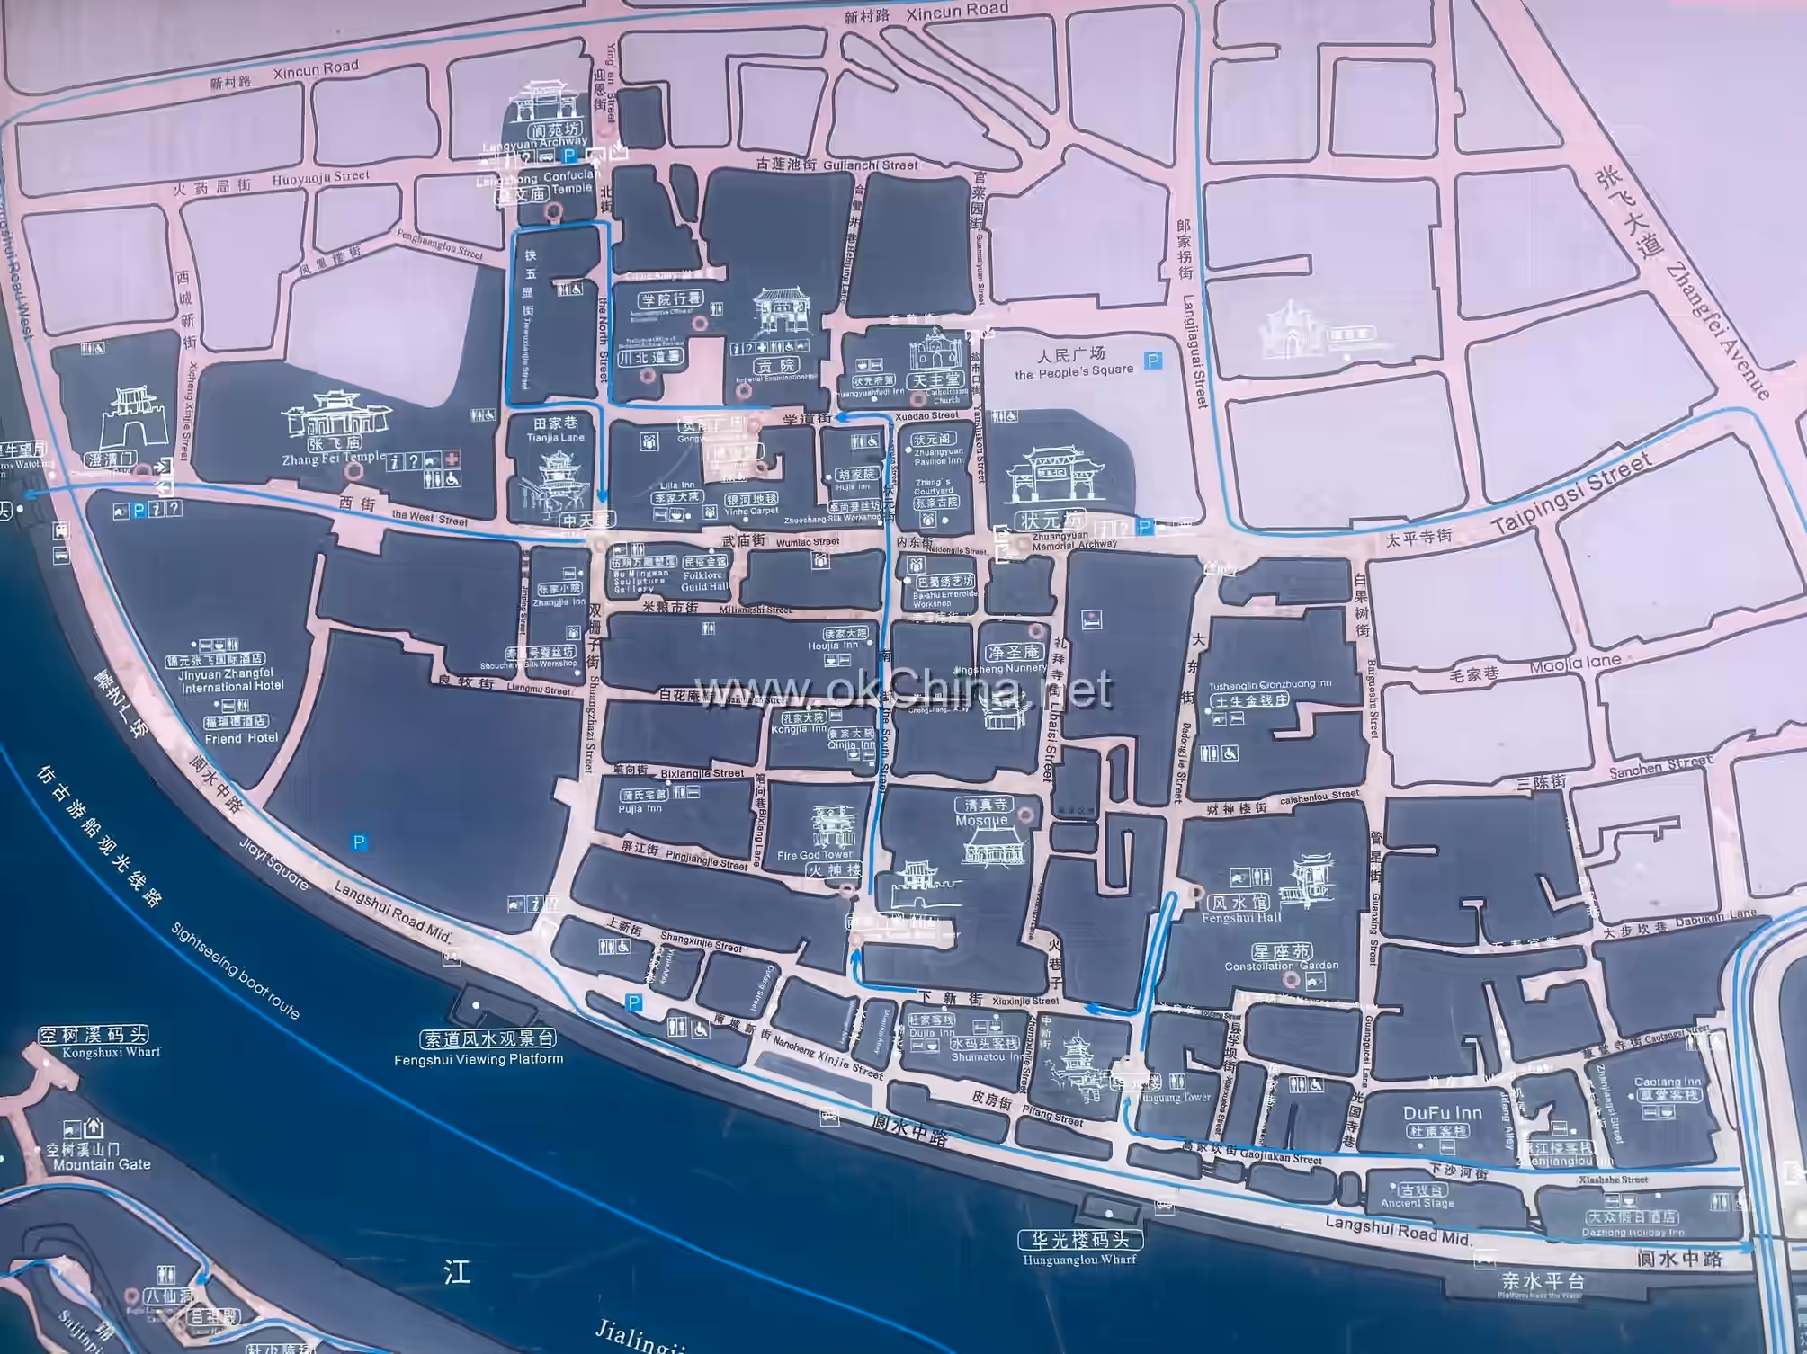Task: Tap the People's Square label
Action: pos(1074,370)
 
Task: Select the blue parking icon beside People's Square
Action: pos(1153,361)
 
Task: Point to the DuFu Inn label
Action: pos(1443,1113)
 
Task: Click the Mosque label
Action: pos(981,820)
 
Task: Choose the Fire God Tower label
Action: pos(814,855)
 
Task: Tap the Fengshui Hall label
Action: pos(1240,917)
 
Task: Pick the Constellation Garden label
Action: pos(1282,966)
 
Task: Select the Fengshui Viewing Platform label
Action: pos(479,1059)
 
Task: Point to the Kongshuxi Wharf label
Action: pos(112,1052)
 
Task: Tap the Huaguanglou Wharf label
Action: pos(1079,1259)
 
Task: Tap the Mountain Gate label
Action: pos(102,1164)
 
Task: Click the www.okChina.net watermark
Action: pos(903,690)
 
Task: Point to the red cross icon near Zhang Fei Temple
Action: pos(452,459)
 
